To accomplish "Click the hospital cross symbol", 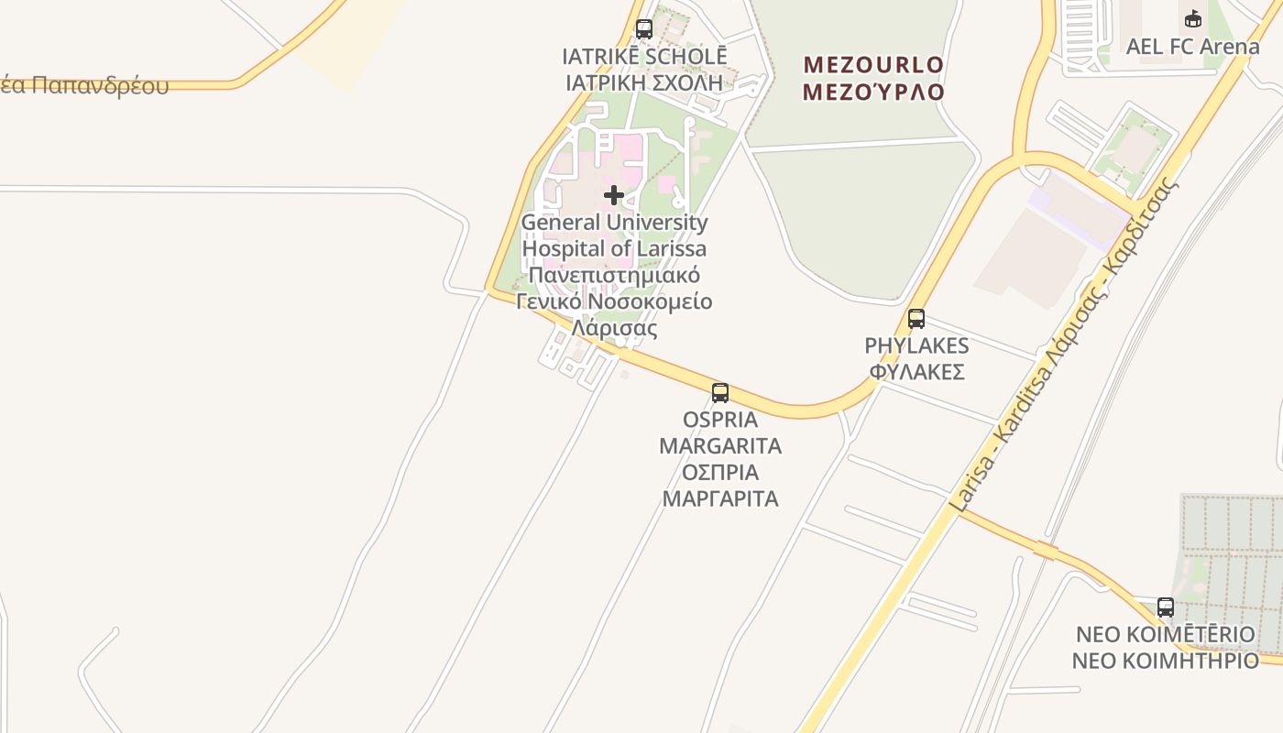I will [614, 195].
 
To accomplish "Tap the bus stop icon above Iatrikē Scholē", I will [644, 29].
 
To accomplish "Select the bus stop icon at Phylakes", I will [916, 319].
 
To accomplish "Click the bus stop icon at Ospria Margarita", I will [720, 393].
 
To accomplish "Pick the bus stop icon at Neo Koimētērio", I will [1166, 607].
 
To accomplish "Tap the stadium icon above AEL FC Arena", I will [1193, 18].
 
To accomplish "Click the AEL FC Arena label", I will [1192, 46].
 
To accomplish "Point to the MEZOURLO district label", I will [873, 64].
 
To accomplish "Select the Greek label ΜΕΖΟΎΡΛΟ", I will [873, 92].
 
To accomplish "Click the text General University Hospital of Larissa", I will [614, 235].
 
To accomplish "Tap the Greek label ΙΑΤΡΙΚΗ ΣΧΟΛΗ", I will [644, 82].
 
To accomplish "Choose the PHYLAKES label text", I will [916, 345].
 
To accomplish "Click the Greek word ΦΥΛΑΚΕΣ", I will [916, 372].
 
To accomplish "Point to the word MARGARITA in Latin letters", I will [720, 446].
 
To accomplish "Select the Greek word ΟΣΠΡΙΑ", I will [720, 473].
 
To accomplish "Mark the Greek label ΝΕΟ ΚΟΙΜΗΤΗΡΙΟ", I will [1166, 661].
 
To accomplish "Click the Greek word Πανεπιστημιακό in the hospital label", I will [614, 275].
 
